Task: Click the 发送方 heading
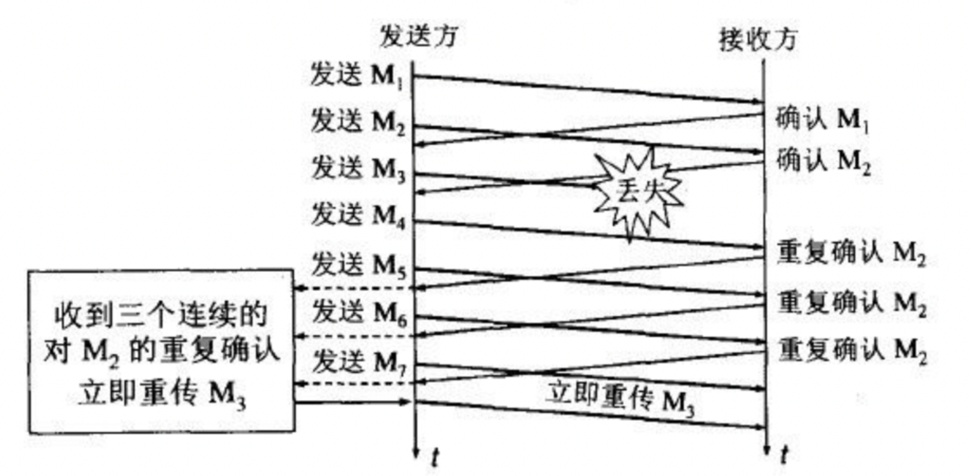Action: click(x=417, y=38)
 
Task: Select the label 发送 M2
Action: click(x=359, y=123)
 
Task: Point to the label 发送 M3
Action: click(x=359, y=169)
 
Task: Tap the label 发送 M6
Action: click(x=359, y=313)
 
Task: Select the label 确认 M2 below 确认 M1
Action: click(x=824, y=160)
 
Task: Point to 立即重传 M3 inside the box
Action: click(x=161, y=395)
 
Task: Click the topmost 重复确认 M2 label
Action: click(x=852, y=252)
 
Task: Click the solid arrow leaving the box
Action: click(x=354, y=401)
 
